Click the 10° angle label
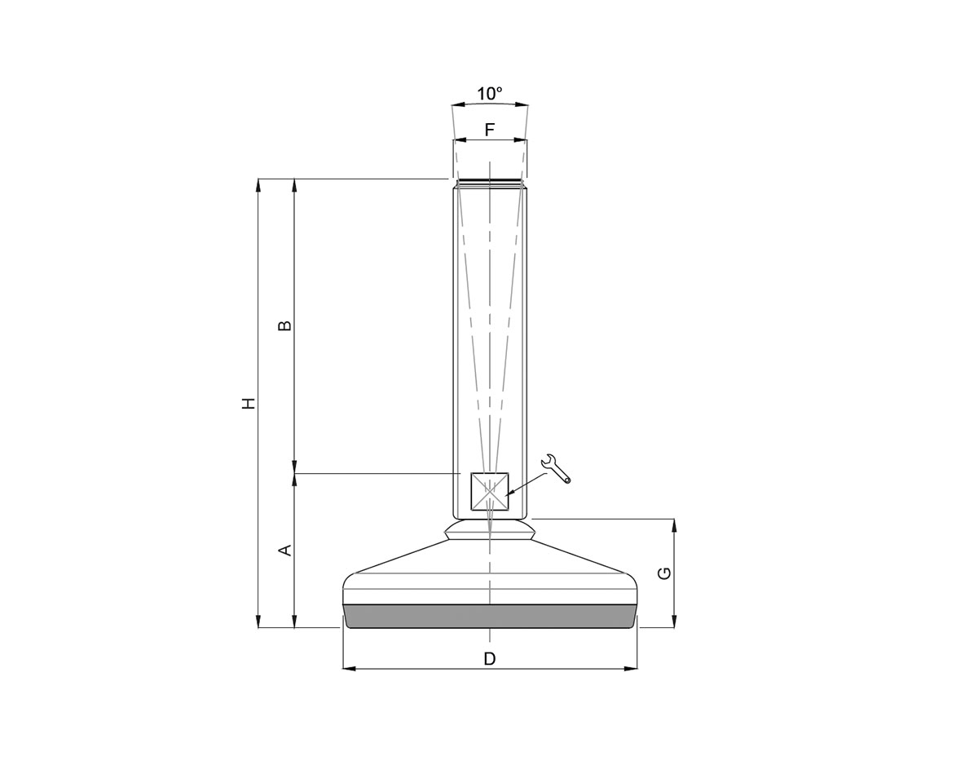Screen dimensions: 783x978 click(490, 94)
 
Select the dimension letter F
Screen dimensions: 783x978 click(490, 130)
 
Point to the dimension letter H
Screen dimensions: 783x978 click(249, 403)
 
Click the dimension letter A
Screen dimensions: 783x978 click(285, 551)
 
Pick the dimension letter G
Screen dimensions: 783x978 click(665, 573)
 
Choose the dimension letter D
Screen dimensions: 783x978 click(490, 658)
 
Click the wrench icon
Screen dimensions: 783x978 click(556, 468)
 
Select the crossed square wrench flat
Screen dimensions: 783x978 click(490, 492)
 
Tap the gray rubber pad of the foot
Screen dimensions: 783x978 click(490, 616)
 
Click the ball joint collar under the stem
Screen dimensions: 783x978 click(490, 531)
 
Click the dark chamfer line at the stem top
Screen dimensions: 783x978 click(490, 181)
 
